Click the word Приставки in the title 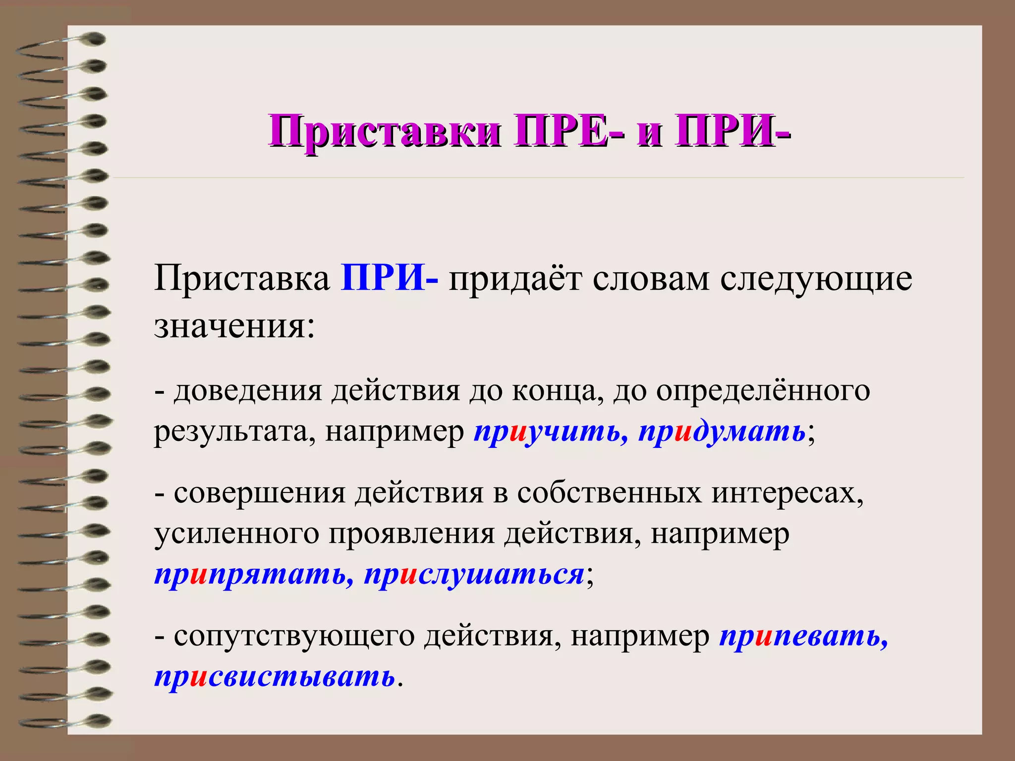tap(384, 131)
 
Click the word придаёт tap(515, 279)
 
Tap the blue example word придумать tap(722, 432)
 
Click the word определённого tap(763, 391)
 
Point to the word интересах tap(788, 493)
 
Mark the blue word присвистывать tap(275, 677)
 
